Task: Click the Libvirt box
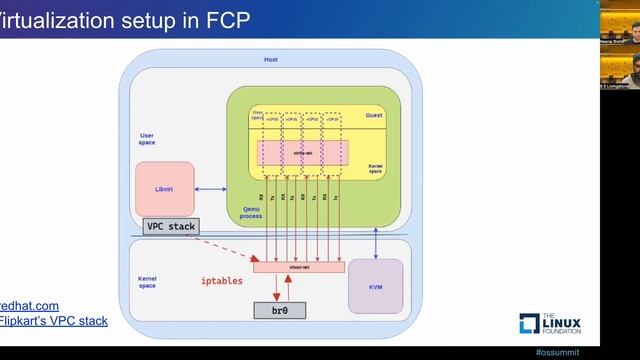coord(163,188)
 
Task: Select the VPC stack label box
coord(171,227)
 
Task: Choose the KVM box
coord(375,286)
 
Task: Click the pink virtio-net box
coord(302,152)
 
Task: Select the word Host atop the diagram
coord(271,60)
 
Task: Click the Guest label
coord(374,116)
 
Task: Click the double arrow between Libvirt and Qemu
coord(209,188)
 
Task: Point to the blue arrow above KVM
coord(375,241)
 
